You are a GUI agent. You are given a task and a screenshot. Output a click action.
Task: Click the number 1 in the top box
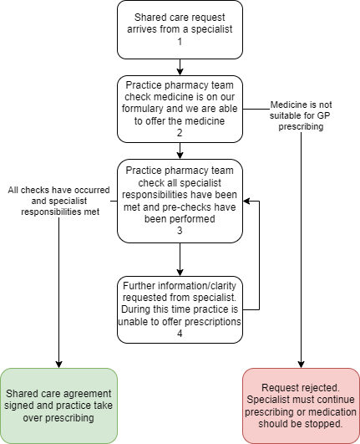tap(180, 42)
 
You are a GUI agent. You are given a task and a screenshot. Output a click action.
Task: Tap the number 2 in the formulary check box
tap(180, 132)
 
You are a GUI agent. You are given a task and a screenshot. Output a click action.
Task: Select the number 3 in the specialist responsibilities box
tap(180, 231)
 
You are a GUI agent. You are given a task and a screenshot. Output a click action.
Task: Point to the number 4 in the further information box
tap(180, 334)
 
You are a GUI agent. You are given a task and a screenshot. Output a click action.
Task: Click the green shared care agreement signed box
tap(58, 406)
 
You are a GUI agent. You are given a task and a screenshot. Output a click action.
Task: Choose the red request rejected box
tap(301, 406)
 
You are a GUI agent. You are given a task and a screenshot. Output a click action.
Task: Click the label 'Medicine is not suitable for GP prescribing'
tap(301, 115)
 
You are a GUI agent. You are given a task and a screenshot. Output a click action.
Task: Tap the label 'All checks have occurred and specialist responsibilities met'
tap(58, 201)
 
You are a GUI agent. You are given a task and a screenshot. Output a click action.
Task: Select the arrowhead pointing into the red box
tap(301, 365)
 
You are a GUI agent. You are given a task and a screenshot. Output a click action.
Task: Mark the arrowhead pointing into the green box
tap(58, 365)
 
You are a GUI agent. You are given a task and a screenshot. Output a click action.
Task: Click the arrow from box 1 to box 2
tap(180, 68)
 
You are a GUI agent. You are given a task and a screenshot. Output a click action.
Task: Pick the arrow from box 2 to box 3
tap(180, 151)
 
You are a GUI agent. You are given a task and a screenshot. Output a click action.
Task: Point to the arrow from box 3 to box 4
tap(180, 259)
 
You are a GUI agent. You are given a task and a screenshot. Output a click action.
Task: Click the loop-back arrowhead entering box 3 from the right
tap(246, 201)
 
